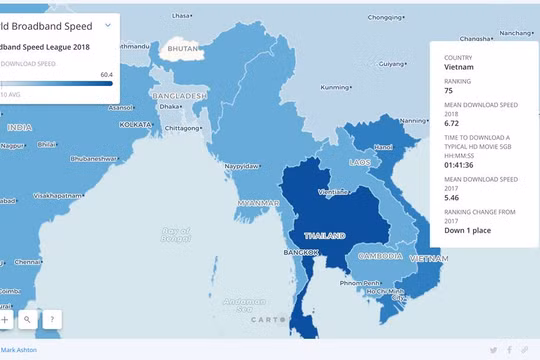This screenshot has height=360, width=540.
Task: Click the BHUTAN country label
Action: pyautogui.click(x=183, y=48)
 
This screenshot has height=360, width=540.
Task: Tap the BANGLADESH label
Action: pyautogui.click(x=179, y=95)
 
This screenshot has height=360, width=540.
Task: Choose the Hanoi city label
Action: pyautogui.click(x=384, y=147)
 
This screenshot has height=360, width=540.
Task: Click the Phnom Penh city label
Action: pyautogui.click(x=359, y=283)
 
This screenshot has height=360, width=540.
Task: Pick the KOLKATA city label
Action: pyautogui.click(x=136, y=125)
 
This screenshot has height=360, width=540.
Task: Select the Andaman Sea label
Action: pyautogui.click(x=244, y=303)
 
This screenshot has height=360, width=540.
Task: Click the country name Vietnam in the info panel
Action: pyautogui.click(x=460, y=68)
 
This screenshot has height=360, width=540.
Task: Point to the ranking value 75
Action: pyautogui.click(x=449, y=91)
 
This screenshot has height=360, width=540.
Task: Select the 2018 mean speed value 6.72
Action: pyautogui.click(x=453, y=124)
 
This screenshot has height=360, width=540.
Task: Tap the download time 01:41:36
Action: pyautogui.click(x=463, y=166)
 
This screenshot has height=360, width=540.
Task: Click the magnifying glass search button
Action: pyautogui.click(x=27, y=320)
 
